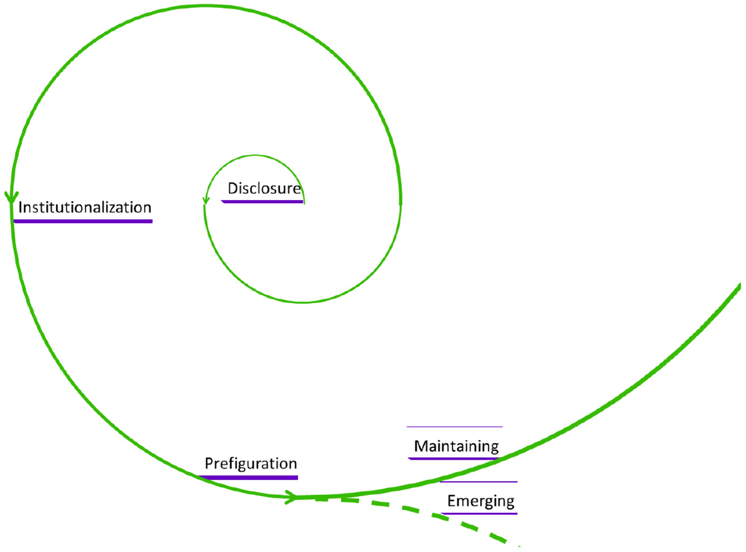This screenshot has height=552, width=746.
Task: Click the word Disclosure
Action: (x=264, y=188)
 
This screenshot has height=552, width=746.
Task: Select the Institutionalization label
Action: (x=85, y=207)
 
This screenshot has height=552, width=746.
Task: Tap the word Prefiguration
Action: (x=251, y=464)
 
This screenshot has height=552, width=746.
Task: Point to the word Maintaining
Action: (x=456, y=446)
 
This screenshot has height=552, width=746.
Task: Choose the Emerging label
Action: (x=481, y=501)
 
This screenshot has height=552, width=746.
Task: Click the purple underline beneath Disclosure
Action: (x=262, y=202)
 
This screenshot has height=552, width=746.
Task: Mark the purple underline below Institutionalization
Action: (x=83, y=222)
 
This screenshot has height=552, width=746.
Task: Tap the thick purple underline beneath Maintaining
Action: (x=453, y=459)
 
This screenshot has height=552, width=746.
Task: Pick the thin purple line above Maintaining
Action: (x=455, y=427)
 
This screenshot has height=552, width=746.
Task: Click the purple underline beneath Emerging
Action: (x=479, y=514)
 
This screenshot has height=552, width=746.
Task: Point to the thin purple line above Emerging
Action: (x=479, y=481)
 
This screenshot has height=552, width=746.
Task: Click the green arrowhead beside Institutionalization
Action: (x=11, y=198)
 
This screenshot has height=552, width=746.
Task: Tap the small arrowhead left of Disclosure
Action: (x=206, y=200)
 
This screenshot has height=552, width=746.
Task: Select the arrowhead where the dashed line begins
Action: (x=290, y=497)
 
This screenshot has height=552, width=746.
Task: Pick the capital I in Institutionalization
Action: (x=21, y=207)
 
